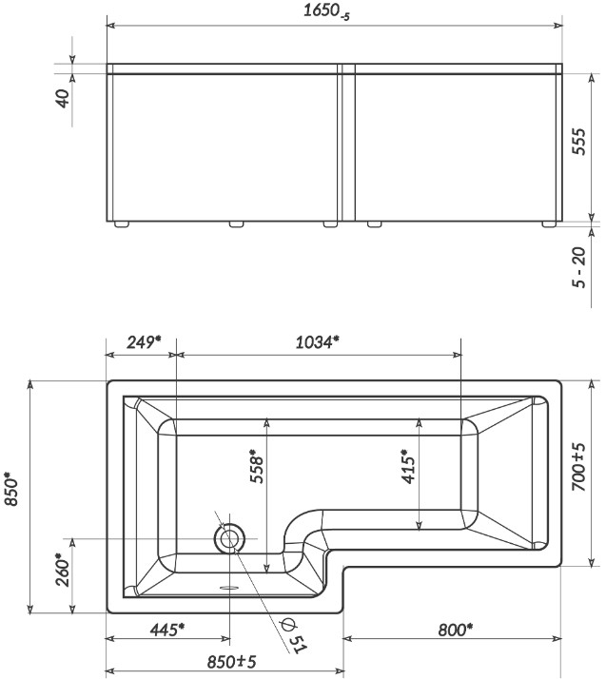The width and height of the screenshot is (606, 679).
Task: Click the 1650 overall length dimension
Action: click(325, 11)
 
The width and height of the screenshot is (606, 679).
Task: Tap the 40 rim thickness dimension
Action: click(63, 98)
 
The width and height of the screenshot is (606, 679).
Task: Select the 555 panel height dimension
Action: click(578, 141)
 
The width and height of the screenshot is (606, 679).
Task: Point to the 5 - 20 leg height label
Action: click(578, 267)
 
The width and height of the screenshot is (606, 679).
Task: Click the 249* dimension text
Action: click(144, 342)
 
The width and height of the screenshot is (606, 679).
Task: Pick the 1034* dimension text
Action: click(317, 342)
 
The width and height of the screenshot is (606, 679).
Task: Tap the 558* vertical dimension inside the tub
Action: click(257, 466)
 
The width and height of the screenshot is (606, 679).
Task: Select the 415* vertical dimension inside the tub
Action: click(408, 466)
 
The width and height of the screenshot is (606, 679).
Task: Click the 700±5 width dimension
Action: click(578, 467)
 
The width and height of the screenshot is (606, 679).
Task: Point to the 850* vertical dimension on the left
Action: click(11, 489)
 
